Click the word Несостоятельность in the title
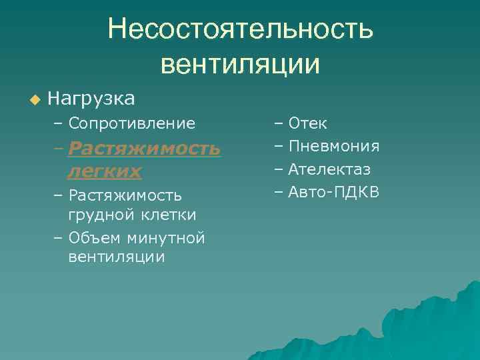tap(241, 29)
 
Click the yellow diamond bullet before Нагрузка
tap(35, 100)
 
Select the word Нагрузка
tap(91, 99)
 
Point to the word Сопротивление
tap(131, 123)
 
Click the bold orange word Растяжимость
tap(144, 148)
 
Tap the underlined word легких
tap(105, 171)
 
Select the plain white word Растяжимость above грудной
tap(125, 195)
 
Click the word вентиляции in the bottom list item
tap(116, 257)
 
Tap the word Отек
tap(307, 123)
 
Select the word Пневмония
tap(333, 147)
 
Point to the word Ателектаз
tap(329, 169)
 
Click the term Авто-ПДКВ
tap(333, 193)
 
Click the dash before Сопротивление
tap(59, 123)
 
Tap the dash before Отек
tap(278, 123)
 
